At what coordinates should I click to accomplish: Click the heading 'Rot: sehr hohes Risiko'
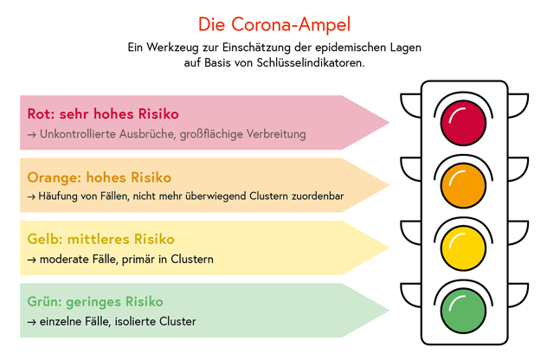[103, 113]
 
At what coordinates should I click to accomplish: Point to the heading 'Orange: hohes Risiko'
[100, 177]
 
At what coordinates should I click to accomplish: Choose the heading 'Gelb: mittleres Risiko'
[101, 239]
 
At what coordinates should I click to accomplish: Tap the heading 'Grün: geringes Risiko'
[95, 301]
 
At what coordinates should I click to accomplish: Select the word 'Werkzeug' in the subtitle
[182, 45]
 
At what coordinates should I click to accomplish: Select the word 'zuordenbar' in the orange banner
[317, 196]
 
